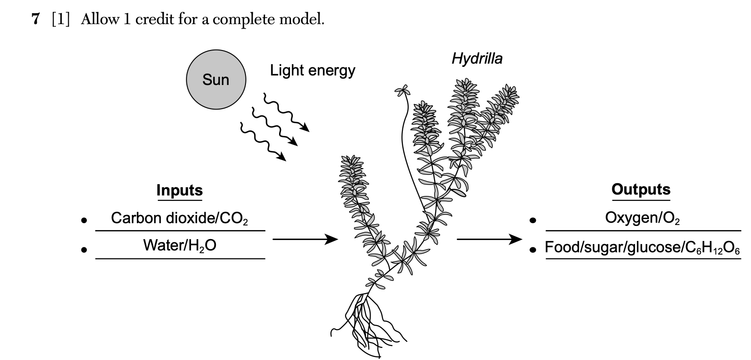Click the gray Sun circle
[216, 80]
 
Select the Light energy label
[312, 70]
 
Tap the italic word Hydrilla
[477, 59]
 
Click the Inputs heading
[180, 190]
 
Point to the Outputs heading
[641, 189]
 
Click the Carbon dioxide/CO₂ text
[180, 219]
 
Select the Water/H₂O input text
[180, 245]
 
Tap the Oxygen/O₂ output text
[642, 218]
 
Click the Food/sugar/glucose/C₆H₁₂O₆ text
[642, 248]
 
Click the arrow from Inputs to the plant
[305, 239]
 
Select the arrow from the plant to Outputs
[489, 239]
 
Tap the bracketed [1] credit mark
[61, 19]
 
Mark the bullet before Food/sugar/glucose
[533, 250]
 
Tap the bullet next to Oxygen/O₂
[533, 221]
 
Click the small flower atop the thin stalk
[402, 90]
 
